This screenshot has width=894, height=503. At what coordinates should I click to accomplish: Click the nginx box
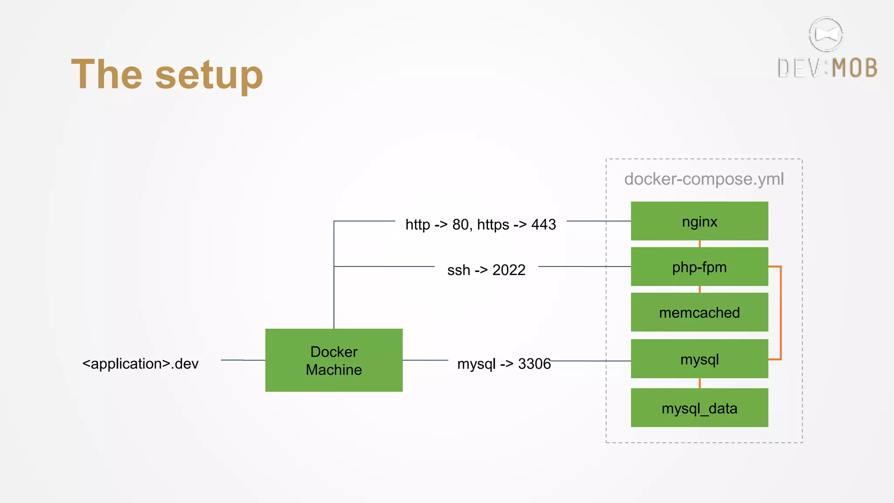pyautogui.click(x=699, y=221)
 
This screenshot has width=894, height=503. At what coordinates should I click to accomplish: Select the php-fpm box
pyautogui.click(x=699, y=267)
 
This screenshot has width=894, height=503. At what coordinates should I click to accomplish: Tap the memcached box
pyautogui.click(x=699, y=312)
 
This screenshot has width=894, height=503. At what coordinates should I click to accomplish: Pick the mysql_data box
pyautogui.click(x=699, y=408)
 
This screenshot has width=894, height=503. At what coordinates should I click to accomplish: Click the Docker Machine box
pyautogui.click(x=334, y=360)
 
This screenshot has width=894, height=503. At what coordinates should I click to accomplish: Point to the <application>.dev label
pyautogui.click(x=140, y=363)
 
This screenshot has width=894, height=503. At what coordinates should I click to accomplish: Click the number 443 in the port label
pyautogui.click(x=543, y=224)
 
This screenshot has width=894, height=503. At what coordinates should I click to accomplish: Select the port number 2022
pyautogui.click(x=509, y=270)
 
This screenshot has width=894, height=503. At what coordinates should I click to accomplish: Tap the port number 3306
pyautogui.click(x=534, y=363)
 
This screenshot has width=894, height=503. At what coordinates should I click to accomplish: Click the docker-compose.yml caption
pyautogui.click(x=704, y=179)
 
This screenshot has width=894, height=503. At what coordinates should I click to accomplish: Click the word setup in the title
pyautogui.click(x=209, y=75)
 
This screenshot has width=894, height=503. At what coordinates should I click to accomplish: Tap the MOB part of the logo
pyautogui.click(x=854, y=69)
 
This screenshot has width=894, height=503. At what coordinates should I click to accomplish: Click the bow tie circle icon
pyautogui.click(x=825, y=34)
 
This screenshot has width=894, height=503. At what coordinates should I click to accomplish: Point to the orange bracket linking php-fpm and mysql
pyautogui.click(x=781, y=312)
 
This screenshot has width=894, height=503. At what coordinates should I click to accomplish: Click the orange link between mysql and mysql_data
pyautogui.click(x=700, y=383)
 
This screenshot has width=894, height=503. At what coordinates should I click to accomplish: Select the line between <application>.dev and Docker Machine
pyautogui.click(x=243, y=360)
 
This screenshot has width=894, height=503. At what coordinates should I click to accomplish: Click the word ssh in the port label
pyautogui.click(x=458, y=270)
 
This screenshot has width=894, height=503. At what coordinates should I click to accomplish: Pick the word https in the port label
pyautogui.click(x=493, y=224)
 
